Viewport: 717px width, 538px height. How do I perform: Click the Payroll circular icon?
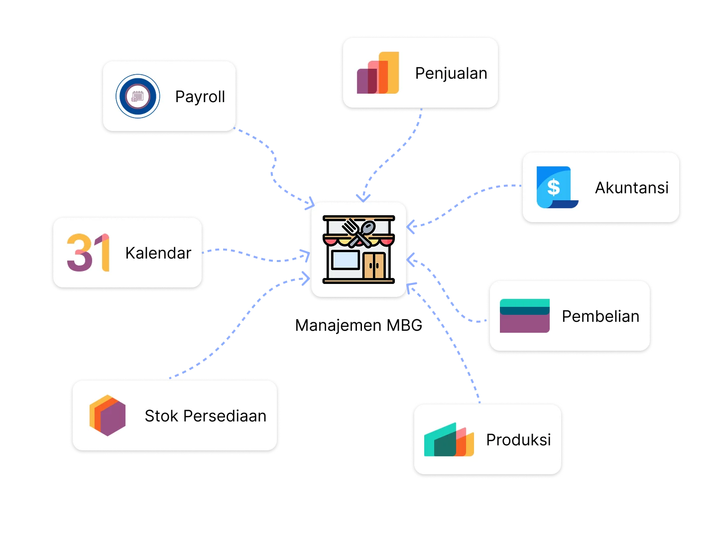(x=137, y=96)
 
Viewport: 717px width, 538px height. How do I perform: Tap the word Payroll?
(x=200, y=97)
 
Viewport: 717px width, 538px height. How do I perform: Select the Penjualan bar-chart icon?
(x=377, y=73)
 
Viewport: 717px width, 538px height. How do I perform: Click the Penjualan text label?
(x=451, y=74)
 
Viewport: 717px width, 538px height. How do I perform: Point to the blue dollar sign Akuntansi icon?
(x=557, y=187)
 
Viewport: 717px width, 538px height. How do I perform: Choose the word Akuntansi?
(x=632, y=188)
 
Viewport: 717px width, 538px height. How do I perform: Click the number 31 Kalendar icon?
(x=88, y=253)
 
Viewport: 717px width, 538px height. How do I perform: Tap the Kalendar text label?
(x=158, y=253)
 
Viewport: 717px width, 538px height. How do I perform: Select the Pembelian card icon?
(x=525, y=316)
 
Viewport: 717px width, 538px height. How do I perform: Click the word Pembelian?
(x=600, y=316)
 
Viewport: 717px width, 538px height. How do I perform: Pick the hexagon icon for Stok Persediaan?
(x=108, y=415)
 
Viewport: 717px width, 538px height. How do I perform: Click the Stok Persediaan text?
(x=206, y=416)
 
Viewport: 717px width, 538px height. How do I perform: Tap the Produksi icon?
(x=449, y=439)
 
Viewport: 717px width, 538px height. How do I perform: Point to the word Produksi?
(x=518, y=440)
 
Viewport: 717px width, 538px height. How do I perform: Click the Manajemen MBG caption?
(x=358, y=325)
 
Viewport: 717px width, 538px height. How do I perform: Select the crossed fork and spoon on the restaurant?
(x=358, y=233)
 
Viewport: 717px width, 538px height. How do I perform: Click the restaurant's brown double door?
(x=374, y=265)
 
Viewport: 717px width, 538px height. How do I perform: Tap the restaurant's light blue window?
(x=345, y=260)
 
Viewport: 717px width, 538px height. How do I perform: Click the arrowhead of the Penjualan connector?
(x=363, y=198)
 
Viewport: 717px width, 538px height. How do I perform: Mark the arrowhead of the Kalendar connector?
(x=306, y=256)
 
